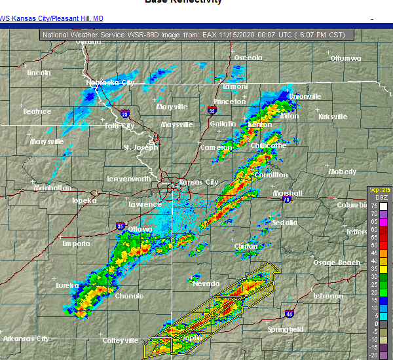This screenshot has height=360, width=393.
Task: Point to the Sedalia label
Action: point(285,223)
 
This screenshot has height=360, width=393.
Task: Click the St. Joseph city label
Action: point(141,147)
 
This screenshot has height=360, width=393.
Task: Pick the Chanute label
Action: point(128,296)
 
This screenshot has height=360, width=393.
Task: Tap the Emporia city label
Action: point(76,243)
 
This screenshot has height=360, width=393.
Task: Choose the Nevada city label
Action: point(206,283)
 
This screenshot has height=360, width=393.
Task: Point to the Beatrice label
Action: point(37,111)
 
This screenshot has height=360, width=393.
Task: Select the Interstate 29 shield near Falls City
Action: point(125,111)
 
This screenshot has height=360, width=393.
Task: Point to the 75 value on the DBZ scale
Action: point(373,206)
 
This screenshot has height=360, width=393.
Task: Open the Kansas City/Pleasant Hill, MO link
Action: point(52,18)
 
